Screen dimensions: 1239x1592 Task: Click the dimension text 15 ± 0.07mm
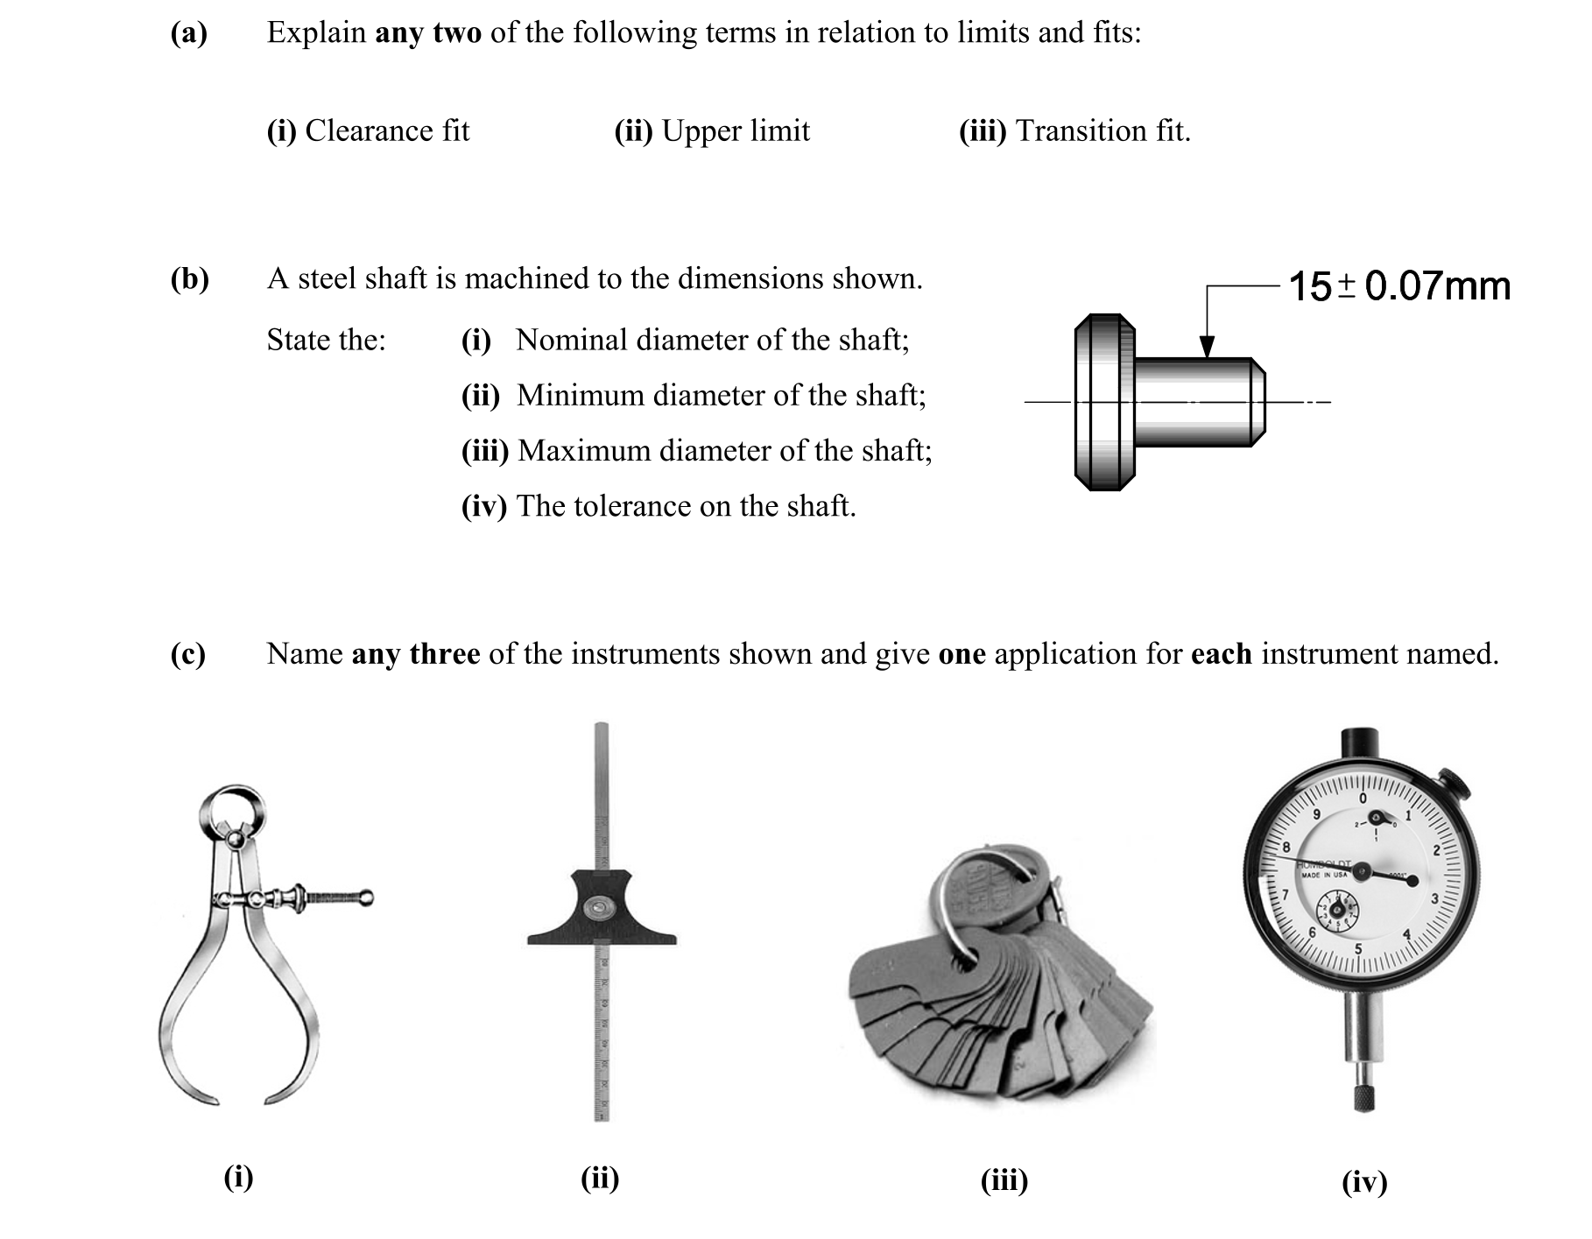[x=1399, y=286]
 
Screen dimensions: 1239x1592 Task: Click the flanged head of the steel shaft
[x=1104, y=402]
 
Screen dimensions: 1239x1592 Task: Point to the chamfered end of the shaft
[x=1258, y=402]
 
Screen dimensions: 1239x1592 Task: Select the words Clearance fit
[x=387, y=131]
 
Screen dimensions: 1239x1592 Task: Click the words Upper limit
[x=736, y=131]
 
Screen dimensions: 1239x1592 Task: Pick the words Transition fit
[x=1102, y=131]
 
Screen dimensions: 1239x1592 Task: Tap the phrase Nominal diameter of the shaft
[x=711, y=340]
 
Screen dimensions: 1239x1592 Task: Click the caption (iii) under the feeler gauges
[x=1004, y=1181]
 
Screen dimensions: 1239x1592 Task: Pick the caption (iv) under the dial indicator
[x=1364, y=1183]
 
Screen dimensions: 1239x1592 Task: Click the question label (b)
[x=189, y=279]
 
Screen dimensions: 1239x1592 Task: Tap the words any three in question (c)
[x=416, y=654]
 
